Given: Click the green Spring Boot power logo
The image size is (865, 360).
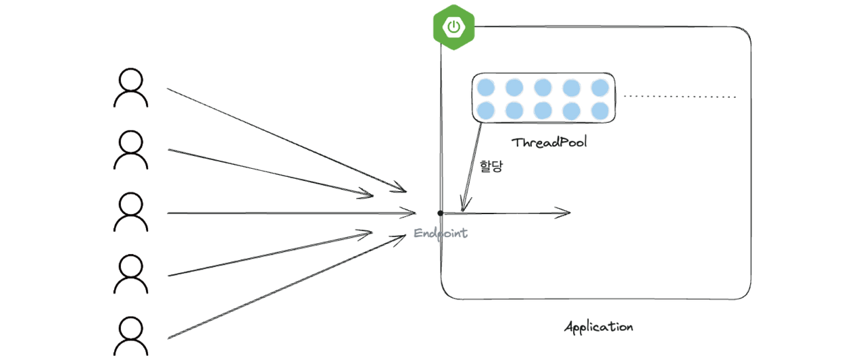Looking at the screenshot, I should (453, 27).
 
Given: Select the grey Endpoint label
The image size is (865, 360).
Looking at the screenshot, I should (441, 233).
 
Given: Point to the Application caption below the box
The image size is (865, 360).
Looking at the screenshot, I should (598, 328).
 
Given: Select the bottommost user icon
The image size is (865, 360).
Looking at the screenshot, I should (131, 336).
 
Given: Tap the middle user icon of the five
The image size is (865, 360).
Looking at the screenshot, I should (131, 212).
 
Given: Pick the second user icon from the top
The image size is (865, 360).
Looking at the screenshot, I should (131, 150).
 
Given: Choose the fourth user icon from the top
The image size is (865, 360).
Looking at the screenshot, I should (131, 274).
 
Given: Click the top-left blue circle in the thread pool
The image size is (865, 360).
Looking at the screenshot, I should (485, 87).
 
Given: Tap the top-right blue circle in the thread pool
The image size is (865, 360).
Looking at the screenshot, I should (599, 87).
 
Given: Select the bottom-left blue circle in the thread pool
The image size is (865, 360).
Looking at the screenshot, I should (485, 109).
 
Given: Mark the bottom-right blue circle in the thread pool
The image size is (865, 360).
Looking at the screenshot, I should (599, 109).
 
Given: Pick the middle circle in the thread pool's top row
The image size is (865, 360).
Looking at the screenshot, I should (543, 87).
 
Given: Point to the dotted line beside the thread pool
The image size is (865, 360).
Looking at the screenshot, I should (679, 97).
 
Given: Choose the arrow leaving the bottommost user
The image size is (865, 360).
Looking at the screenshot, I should (284, 289).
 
